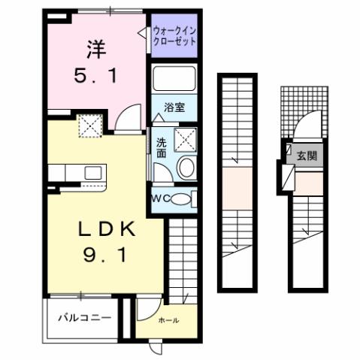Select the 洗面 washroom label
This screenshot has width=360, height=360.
coord(162,147)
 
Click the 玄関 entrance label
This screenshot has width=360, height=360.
coord(306,156)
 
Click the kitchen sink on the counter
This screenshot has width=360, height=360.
coord(92,172)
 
